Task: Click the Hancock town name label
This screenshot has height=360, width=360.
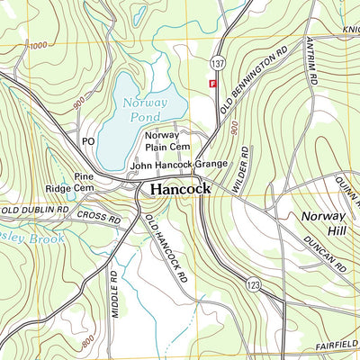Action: pos(180,190)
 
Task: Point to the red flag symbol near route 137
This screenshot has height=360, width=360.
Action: pos(213,83)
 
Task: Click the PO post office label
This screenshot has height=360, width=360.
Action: pos(88,141)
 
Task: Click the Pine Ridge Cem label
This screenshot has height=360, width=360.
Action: pos(71,183)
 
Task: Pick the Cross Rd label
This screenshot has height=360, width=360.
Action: pos(98,218)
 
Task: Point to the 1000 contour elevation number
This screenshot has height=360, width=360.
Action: pos(38,45)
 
